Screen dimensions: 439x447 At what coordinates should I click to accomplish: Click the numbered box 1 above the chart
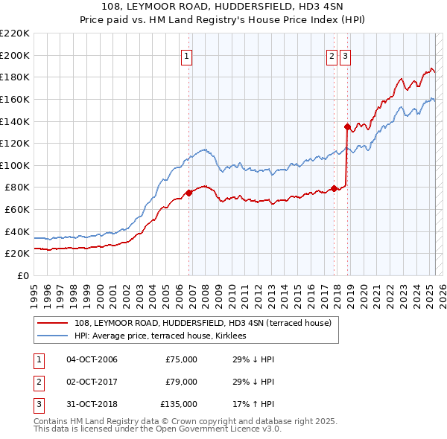coord(186,54)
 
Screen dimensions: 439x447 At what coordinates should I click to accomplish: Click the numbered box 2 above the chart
coord(332,54)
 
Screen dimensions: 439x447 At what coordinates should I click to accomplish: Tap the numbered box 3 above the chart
coord(346,54)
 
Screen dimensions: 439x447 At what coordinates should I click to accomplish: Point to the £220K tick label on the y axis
coord(15,33)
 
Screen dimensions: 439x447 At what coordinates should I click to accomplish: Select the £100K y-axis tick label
coord(15,165)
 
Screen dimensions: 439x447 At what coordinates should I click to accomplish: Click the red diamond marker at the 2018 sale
coord(347,126)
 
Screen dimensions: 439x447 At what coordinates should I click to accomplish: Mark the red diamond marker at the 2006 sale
coord(188,193)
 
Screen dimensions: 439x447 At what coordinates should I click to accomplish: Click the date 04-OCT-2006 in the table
coord(92,359)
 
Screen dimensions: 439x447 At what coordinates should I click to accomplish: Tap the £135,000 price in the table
coord(179,404)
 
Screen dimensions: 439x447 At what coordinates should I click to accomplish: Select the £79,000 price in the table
coord(181,382)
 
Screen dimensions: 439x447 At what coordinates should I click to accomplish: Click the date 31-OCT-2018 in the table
coord(92,404)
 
